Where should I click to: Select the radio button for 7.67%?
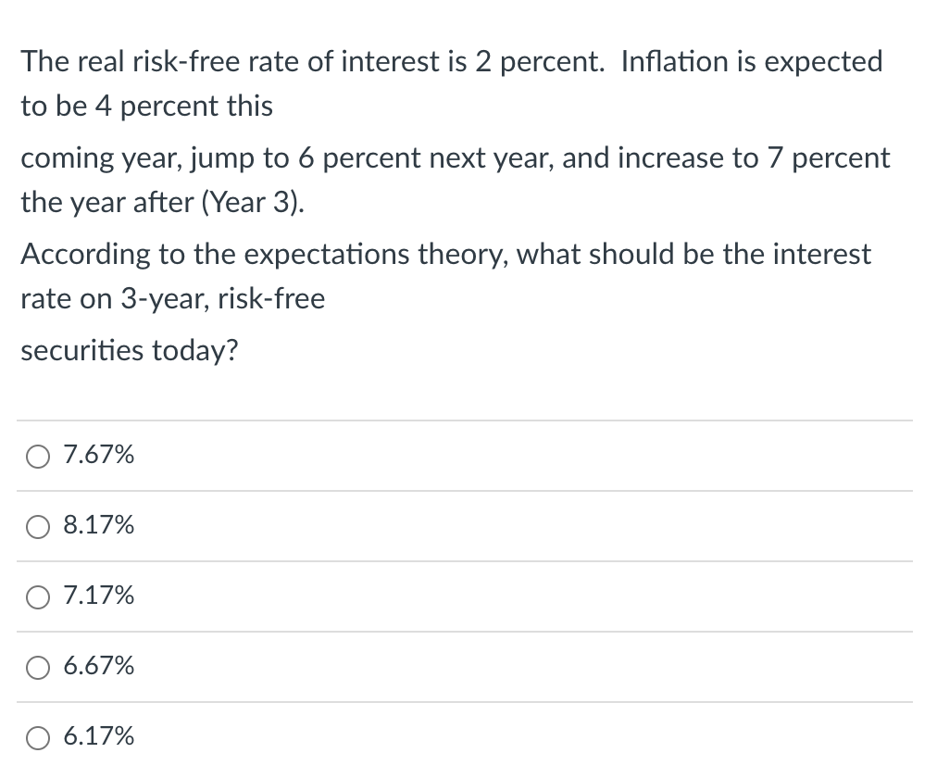coord(40,456)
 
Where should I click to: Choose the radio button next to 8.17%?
coord(40,526)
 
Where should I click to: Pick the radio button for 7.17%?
coord(40,596)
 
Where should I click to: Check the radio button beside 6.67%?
coord(40,667)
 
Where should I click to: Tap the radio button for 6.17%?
coord(40,737)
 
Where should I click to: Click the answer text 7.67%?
coord(98,455)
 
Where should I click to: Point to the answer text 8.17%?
coord(98,525)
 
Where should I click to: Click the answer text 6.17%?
coord(98,736)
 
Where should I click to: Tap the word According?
coord(86,255)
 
